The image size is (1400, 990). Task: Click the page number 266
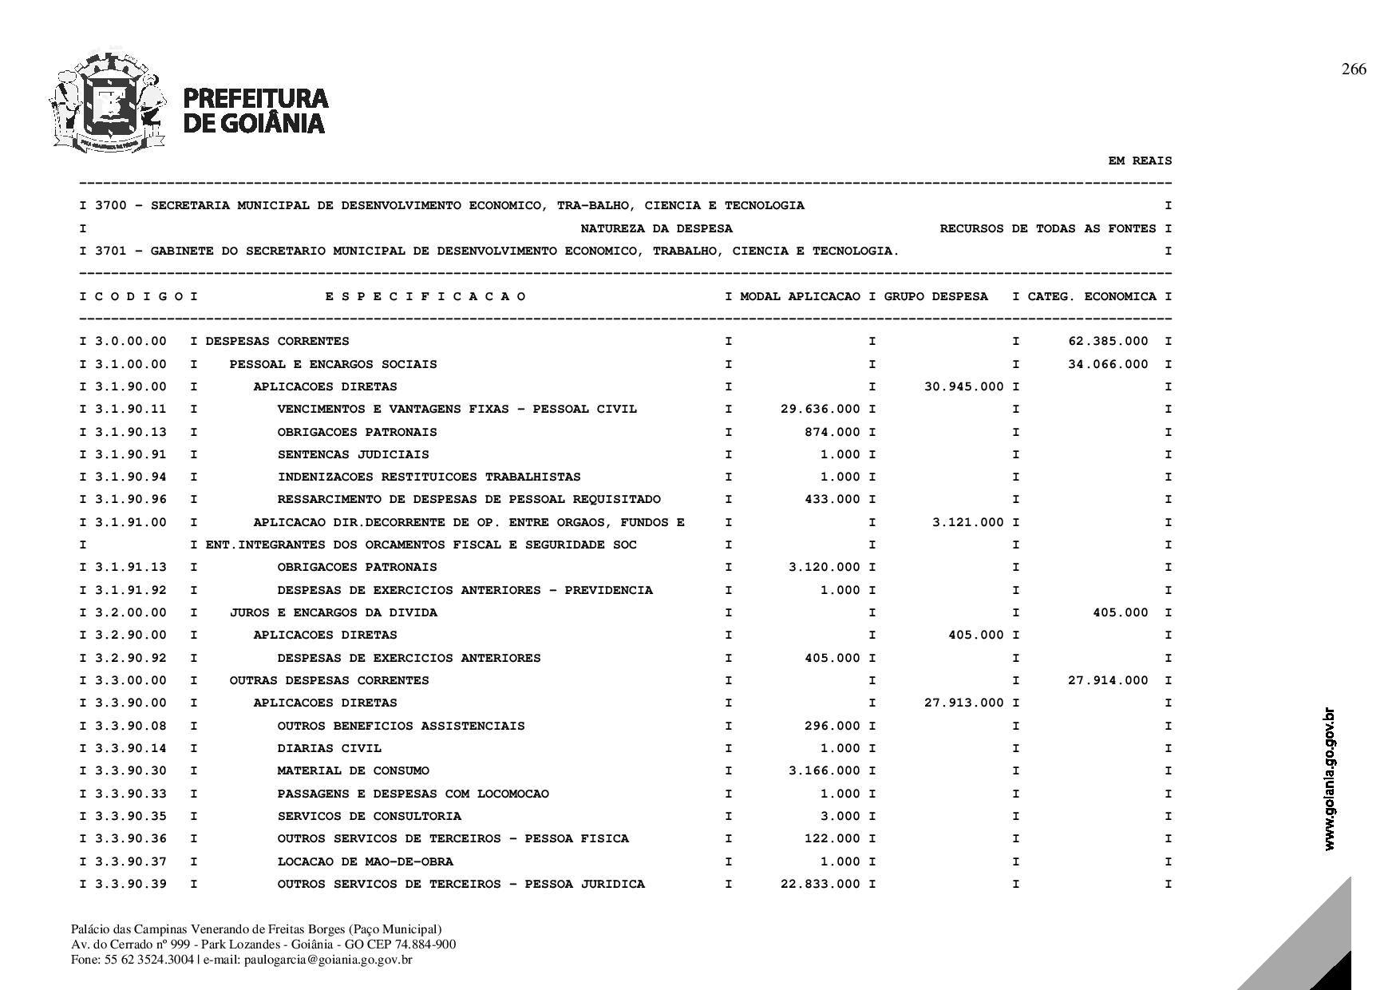pyautogui.click(x=1354, y=69)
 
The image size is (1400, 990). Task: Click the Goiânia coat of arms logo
pyautogui.click(x=109, y=102)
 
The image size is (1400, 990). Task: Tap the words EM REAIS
pyautogui.click(x=1140, y=160)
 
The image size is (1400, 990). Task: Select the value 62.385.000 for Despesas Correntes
pyautogui.click(x=1108, y=341)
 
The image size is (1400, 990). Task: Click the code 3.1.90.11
pyautogui.click(x=131, y=409)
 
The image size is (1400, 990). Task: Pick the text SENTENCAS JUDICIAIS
pyautogui.click(x=353, y=454)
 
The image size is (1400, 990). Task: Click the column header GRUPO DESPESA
pyautogui.click(x=935, y=296)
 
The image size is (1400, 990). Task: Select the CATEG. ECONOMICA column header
pyautogui.click(x=1092, y=296)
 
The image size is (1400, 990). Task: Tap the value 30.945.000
pyautogui.click(x=964, y=386)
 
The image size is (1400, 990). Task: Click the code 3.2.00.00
pyautogui.click(x=131, y=612)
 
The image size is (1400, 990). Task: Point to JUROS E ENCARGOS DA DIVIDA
pyautogui.click(x=333, y=612)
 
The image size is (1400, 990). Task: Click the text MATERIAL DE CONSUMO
pyautogui.click(x=353, y=770)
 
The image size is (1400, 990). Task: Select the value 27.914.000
pyautogui.click(x=1108, y=680)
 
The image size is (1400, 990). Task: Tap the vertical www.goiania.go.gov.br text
pyautogui.click(x=1329, y=778)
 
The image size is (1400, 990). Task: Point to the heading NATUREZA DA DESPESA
pyautogui.click(x=656, y=228)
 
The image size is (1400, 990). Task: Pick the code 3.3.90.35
pyautogui.click(x=131, y=816)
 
